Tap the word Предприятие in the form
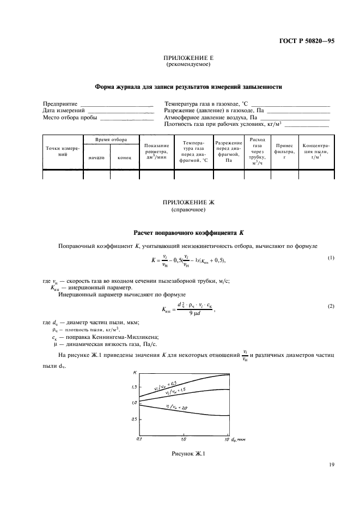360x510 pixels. [60, 103]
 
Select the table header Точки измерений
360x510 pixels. [62, 151]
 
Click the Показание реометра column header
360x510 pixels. [155, 151]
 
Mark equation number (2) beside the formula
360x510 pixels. [330, 307]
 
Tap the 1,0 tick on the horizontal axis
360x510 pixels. [184, 439]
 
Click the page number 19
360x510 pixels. [331, 465]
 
